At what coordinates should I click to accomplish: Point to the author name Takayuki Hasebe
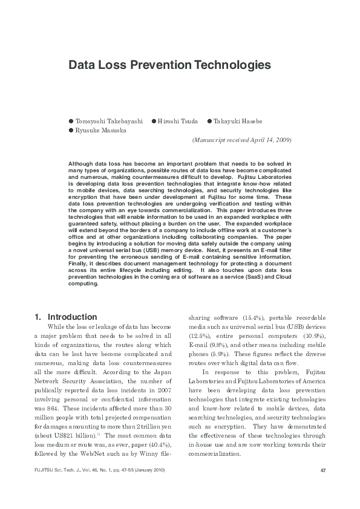point(243,121)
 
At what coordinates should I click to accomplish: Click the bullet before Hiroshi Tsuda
point(154,121)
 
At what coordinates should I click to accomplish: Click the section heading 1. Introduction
point(66,317)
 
